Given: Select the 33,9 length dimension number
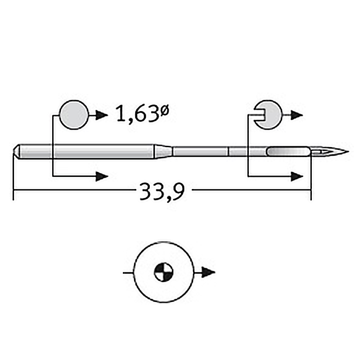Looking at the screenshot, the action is (162, 192).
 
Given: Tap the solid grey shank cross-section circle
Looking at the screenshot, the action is (74, 115).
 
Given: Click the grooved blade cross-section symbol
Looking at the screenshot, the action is (268, 115).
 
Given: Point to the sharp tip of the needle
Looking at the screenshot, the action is (348, 152).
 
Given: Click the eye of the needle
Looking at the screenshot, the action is (320, 152).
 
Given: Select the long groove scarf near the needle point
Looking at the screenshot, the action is (288, 152).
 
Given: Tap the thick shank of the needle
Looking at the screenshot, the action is (85, 152).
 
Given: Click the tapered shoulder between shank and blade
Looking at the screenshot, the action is (163, 152).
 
